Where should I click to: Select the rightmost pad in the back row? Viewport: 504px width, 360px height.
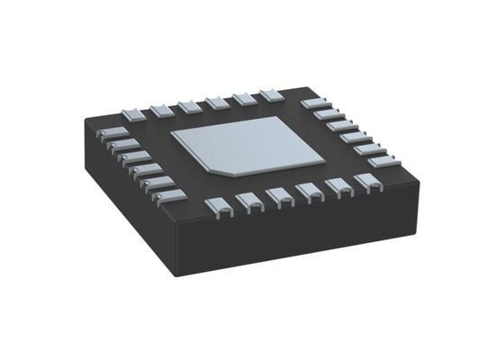(270, 95)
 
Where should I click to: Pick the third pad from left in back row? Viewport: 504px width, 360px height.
(190, 104)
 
